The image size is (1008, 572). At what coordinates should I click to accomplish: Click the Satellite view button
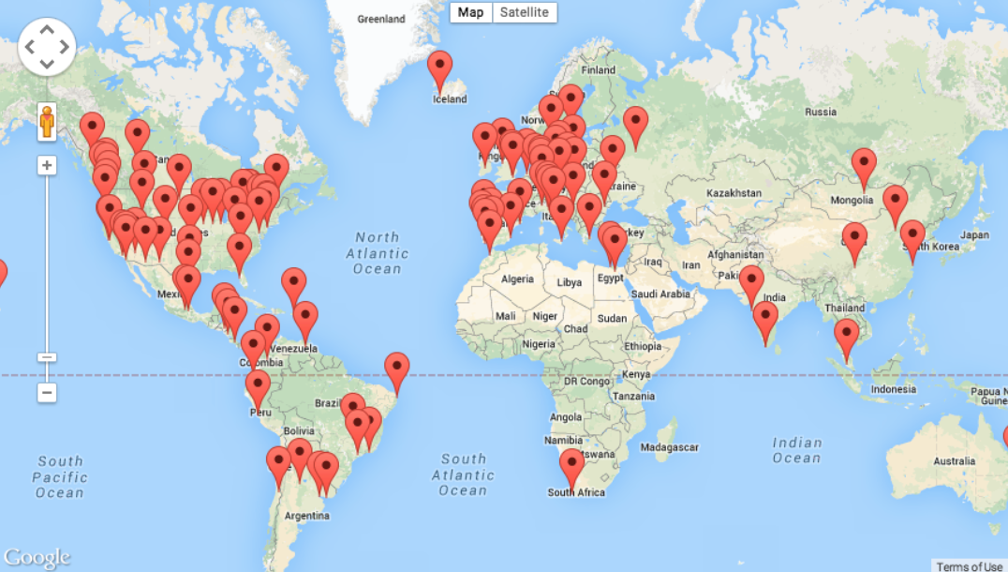525,12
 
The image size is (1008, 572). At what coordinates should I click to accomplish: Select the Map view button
471,12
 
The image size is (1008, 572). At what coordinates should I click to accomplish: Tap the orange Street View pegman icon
47,122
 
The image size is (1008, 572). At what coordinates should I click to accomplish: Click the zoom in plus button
47,166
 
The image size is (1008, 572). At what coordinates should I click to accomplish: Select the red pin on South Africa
571,466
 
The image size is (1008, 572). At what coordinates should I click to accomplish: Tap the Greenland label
381,19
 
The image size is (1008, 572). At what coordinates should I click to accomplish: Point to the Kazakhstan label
734,192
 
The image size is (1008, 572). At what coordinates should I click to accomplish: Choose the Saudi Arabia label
661,294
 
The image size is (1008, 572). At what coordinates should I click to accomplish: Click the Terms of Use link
969,565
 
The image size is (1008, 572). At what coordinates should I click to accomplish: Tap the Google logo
37,557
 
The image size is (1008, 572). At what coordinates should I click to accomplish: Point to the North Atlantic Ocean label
378,253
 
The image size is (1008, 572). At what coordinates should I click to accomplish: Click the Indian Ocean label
796,450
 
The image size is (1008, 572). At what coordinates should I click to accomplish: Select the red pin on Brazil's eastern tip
397,369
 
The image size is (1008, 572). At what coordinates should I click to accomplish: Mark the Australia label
955,460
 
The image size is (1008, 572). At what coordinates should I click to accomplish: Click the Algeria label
516,279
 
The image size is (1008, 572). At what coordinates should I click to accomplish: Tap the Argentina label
306,516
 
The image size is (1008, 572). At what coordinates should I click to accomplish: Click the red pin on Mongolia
864,165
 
